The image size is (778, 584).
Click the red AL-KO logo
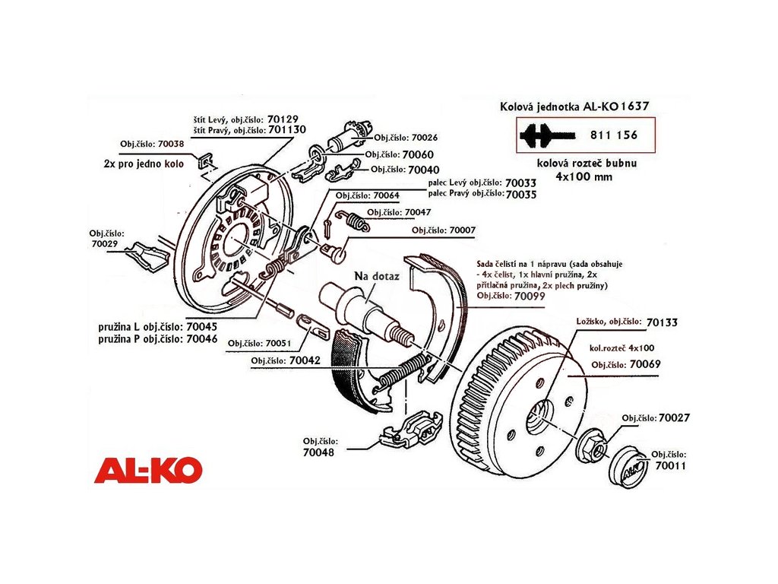pyautogui.click(x=148, y=470)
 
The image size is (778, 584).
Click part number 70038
pyautogui.click(x=169, y=143)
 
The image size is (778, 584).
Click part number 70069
pyautogui.click(x=644, y=365)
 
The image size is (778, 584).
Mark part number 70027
pyautogui.click(x=674, y=418)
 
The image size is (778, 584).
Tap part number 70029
pyautogui.click(x=106, y=244)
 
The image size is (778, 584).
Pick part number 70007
pyautogui.click(x=462, y=230)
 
